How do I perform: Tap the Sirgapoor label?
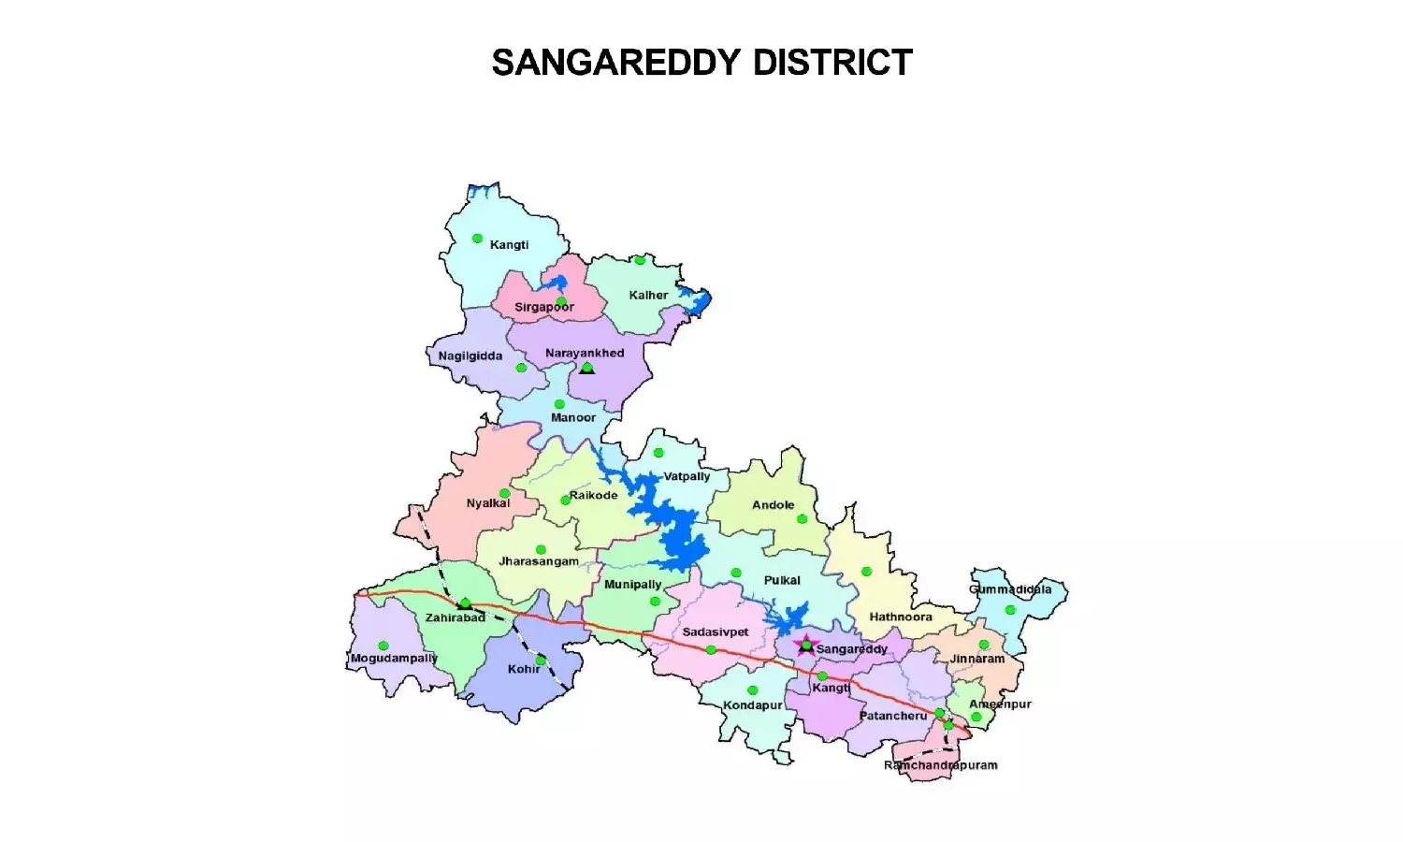click(543, 307)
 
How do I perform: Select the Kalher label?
click(648, 295)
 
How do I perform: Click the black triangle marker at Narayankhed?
click(586, 369)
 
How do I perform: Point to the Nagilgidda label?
click(470, 356)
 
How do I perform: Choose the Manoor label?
click(572, 417)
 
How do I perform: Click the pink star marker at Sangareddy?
click(805, 644)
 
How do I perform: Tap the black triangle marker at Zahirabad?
click(465, 604)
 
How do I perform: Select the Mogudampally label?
click(394, 659)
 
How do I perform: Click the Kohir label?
click(524, 669)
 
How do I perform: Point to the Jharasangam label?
click(539, 561)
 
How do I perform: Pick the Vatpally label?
click(687, 476)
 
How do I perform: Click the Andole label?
click(774, 504)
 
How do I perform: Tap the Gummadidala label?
click(1010, 589)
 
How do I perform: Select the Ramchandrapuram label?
click(940, 765)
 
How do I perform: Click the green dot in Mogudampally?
click(383, 646)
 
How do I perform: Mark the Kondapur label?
click(753, 705)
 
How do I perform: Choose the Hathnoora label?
click(901, 617)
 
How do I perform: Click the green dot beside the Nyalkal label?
click(504, 493)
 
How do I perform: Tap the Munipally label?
click(632, 584)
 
